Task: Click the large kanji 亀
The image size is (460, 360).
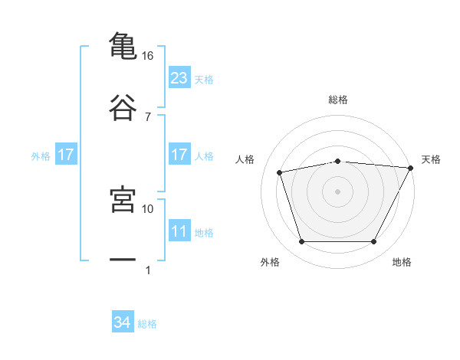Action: click(x=123, y=46)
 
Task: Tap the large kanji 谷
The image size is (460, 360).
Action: click(x=123, y=107)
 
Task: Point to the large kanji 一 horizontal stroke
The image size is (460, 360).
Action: click(x=123, y=259)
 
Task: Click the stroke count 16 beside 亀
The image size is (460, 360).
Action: click(x=147, y=56)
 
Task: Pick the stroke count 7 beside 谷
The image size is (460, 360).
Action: click(x=148, y=117)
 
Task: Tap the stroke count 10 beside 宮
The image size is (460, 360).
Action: click(x=147, y=209)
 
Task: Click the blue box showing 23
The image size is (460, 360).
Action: click(x=179, y=77)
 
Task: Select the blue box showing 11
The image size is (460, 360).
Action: click(x=179, y=230)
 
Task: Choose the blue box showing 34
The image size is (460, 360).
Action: click(x=123, y=321)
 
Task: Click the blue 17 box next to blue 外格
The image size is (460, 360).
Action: click(x=66, y=154)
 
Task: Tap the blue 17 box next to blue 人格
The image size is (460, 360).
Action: click(x=179, y=154)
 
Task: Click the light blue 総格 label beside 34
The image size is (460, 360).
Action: click(x=147, y=324)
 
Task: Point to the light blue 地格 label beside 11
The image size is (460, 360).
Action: click(x=204, y=233)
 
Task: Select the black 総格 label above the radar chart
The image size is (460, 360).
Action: click(x=338, y=100)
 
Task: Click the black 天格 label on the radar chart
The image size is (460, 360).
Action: click(x=431, y=159)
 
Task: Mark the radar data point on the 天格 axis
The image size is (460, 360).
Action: click(x=411, y=168)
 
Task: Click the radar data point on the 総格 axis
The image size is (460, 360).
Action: click(x=338, y=162)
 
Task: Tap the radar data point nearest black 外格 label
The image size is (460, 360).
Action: click(x=302, y=241)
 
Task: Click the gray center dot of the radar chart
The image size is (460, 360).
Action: click(x=337, y=191)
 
